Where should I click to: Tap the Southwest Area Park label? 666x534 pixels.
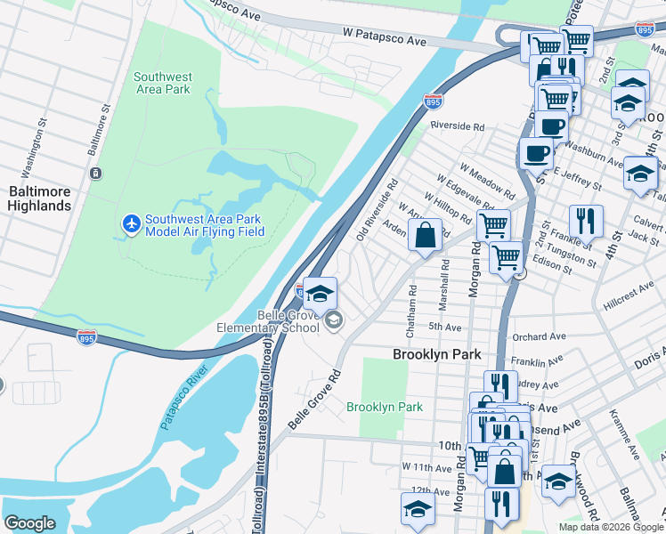pos(162,83)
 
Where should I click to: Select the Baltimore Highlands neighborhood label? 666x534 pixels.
pos(39,198)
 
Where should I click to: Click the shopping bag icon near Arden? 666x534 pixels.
pos(426,236)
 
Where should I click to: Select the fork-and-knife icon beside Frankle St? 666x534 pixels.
pos(586,220)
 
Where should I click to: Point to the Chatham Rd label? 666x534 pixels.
pos(411,311)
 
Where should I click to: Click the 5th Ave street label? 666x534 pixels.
pos(444,327)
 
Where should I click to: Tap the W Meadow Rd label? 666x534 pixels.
pos(487,181)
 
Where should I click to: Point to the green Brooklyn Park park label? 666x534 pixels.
pos(384,407)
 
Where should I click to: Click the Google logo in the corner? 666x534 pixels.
pos(29,523)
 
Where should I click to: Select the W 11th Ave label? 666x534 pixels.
pos(427,467)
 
